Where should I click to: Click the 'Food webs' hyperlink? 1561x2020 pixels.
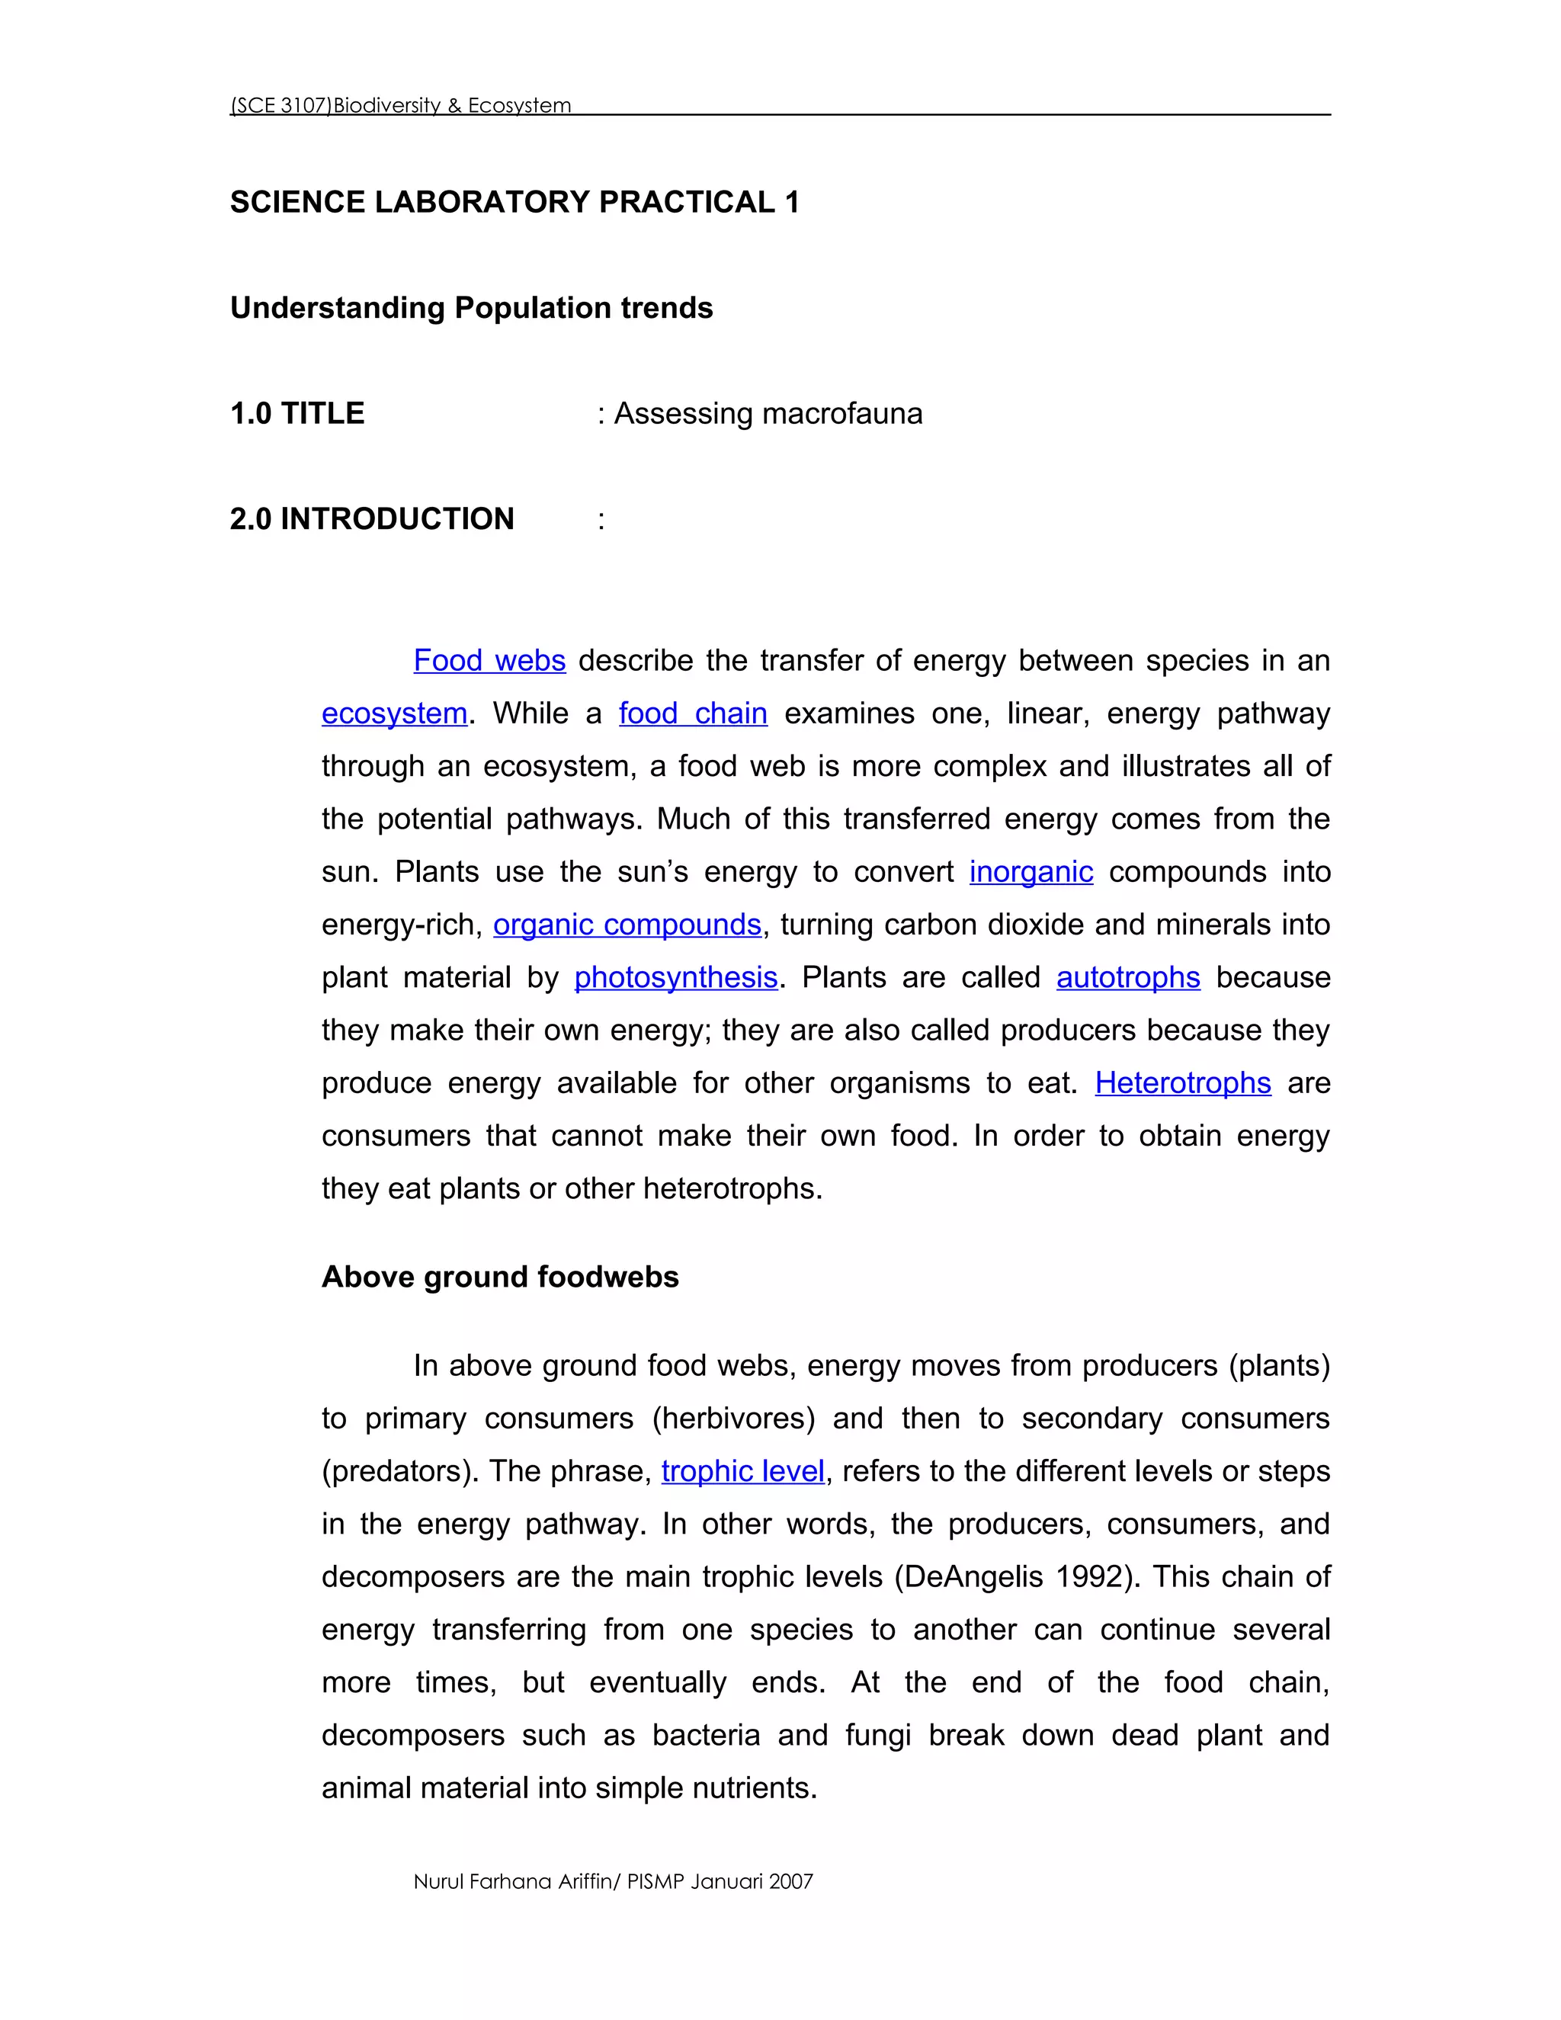click(x=489, y=660)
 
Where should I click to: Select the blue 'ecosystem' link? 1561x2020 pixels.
click(x=394, y=713)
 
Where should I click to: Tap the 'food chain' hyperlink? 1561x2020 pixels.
click(x=693, y=713)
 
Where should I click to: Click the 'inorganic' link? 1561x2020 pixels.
click(x=1031, y=871)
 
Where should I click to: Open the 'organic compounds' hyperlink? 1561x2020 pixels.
click(x=627, y=924)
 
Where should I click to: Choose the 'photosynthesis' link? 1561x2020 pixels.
click(x=676, y=978)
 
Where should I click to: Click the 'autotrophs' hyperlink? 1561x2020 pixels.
click(x=1128, y=978)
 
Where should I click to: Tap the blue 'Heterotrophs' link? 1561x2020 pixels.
click(x=1183, y=1083)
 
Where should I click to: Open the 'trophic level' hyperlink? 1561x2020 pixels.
click(x=742, y=1470)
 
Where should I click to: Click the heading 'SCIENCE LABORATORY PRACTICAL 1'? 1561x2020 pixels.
click(x=514, y=202)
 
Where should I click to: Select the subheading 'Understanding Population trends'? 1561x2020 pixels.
click(x=472, y=308)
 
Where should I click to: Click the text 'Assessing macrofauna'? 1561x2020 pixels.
click(x=768, y=413)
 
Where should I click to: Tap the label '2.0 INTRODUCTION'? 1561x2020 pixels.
click(x=372, y=519)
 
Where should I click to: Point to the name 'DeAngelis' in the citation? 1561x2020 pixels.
click(x=974, y=1576)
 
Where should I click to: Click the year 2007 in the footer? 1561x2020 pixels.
click(x=790, y=1881)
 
